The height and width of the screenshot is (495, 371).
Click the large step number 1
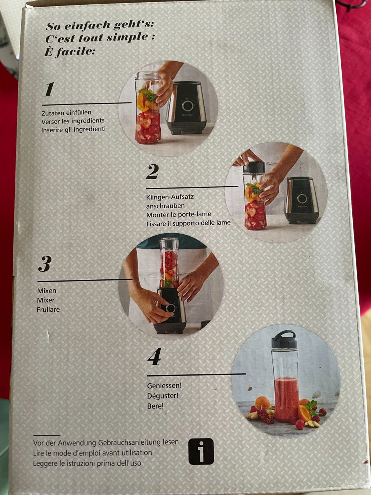pyautogui.click(x=49, y=89)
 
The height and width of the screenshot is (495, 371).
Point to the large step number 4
pyautogui.click(x=155, y=356)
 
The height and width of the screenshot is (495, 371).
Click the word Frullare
pyautogui.click(x=48, y=309)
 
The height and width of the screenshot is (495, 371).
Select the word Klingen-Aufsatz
pyautogui.click(x=170, y=197)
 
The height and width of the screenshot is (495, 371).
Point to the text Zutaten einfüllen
pyautogui.click(x=66, y=113)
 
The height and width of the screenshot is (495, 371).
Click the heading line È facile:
pyautogui.click(x=69, y=52)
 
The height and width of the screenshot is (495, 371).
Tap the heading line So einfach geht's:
pyautogui.click(x=99, y=25)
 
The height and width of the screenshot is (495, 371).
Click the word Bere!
pyautogui.click(x=155, y=406)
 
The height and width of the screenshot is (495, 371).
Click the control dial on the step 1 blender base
pyautogui.click(x=188, y=106)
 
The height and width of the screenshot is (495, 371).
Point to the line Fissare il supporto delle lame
pyautogui.click(x=189, y=223)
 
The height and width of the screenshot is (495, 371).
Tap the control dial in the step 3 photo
pyautogui.click(x=171, y=308)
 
